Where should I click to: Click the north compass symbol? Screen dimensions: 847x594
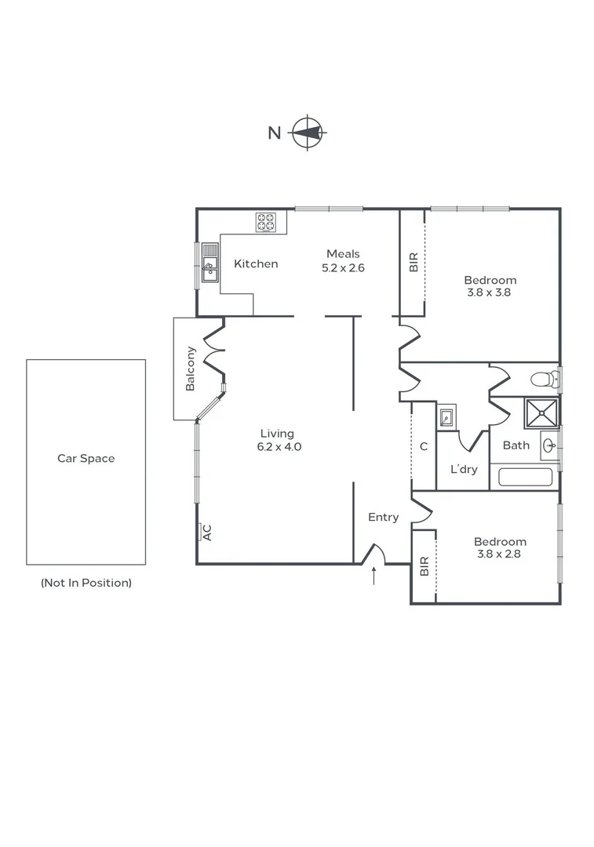pyautogui.click(x=308, y=133)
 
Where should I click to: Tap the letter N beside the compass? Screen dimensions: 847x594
pyautogui.click(x=274, y=133)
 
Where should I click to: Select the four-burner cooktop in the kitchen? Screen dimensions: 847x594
pyautogui.click(x=266, y=223)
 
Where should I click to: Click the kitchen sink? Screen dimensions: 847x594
pyautogui.click(x=210, y=262)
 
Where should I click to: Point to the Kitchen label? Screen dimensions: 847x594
pyautogui.click(x=256, y=264)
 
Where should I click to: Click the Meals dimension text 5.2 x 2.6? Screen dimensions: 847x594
pyautogui.click(x=343, y=267)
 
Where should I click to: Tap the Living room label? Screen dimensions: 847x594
pyautogui.click(x=277, y=433)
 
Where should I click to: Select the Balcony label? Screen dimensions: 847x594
pyautogui.click(x=190, y=369)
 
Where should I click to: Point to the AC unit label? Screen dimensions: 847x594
pyautogui.click(x=207, y=532)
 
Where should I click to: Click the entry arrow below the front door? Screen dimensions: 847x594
pyautogui.click(x=374, y=576)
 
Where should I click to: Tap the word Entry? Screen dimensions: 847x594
pyautogui.click(x=384, y=517)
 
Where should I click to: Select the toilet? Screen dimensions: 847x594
pyautogui.click(x=544, y=380)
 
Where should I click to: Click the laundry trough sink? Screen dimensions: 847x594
pyautogui.click(x=446, y=416)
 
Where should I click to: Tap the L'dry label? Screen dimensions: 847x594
pyautogui.click(x=464, y=470)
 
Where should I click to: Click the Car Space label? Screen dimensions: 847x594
pyautogui.click(x=86, y=458)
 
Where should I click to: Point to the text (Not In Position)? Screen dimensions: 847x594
pyautogui.click(x=86, y=583)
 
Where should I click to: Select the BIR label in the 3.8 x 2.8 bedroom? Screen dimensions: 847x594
pyautogui.click(x=424, y=566)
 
